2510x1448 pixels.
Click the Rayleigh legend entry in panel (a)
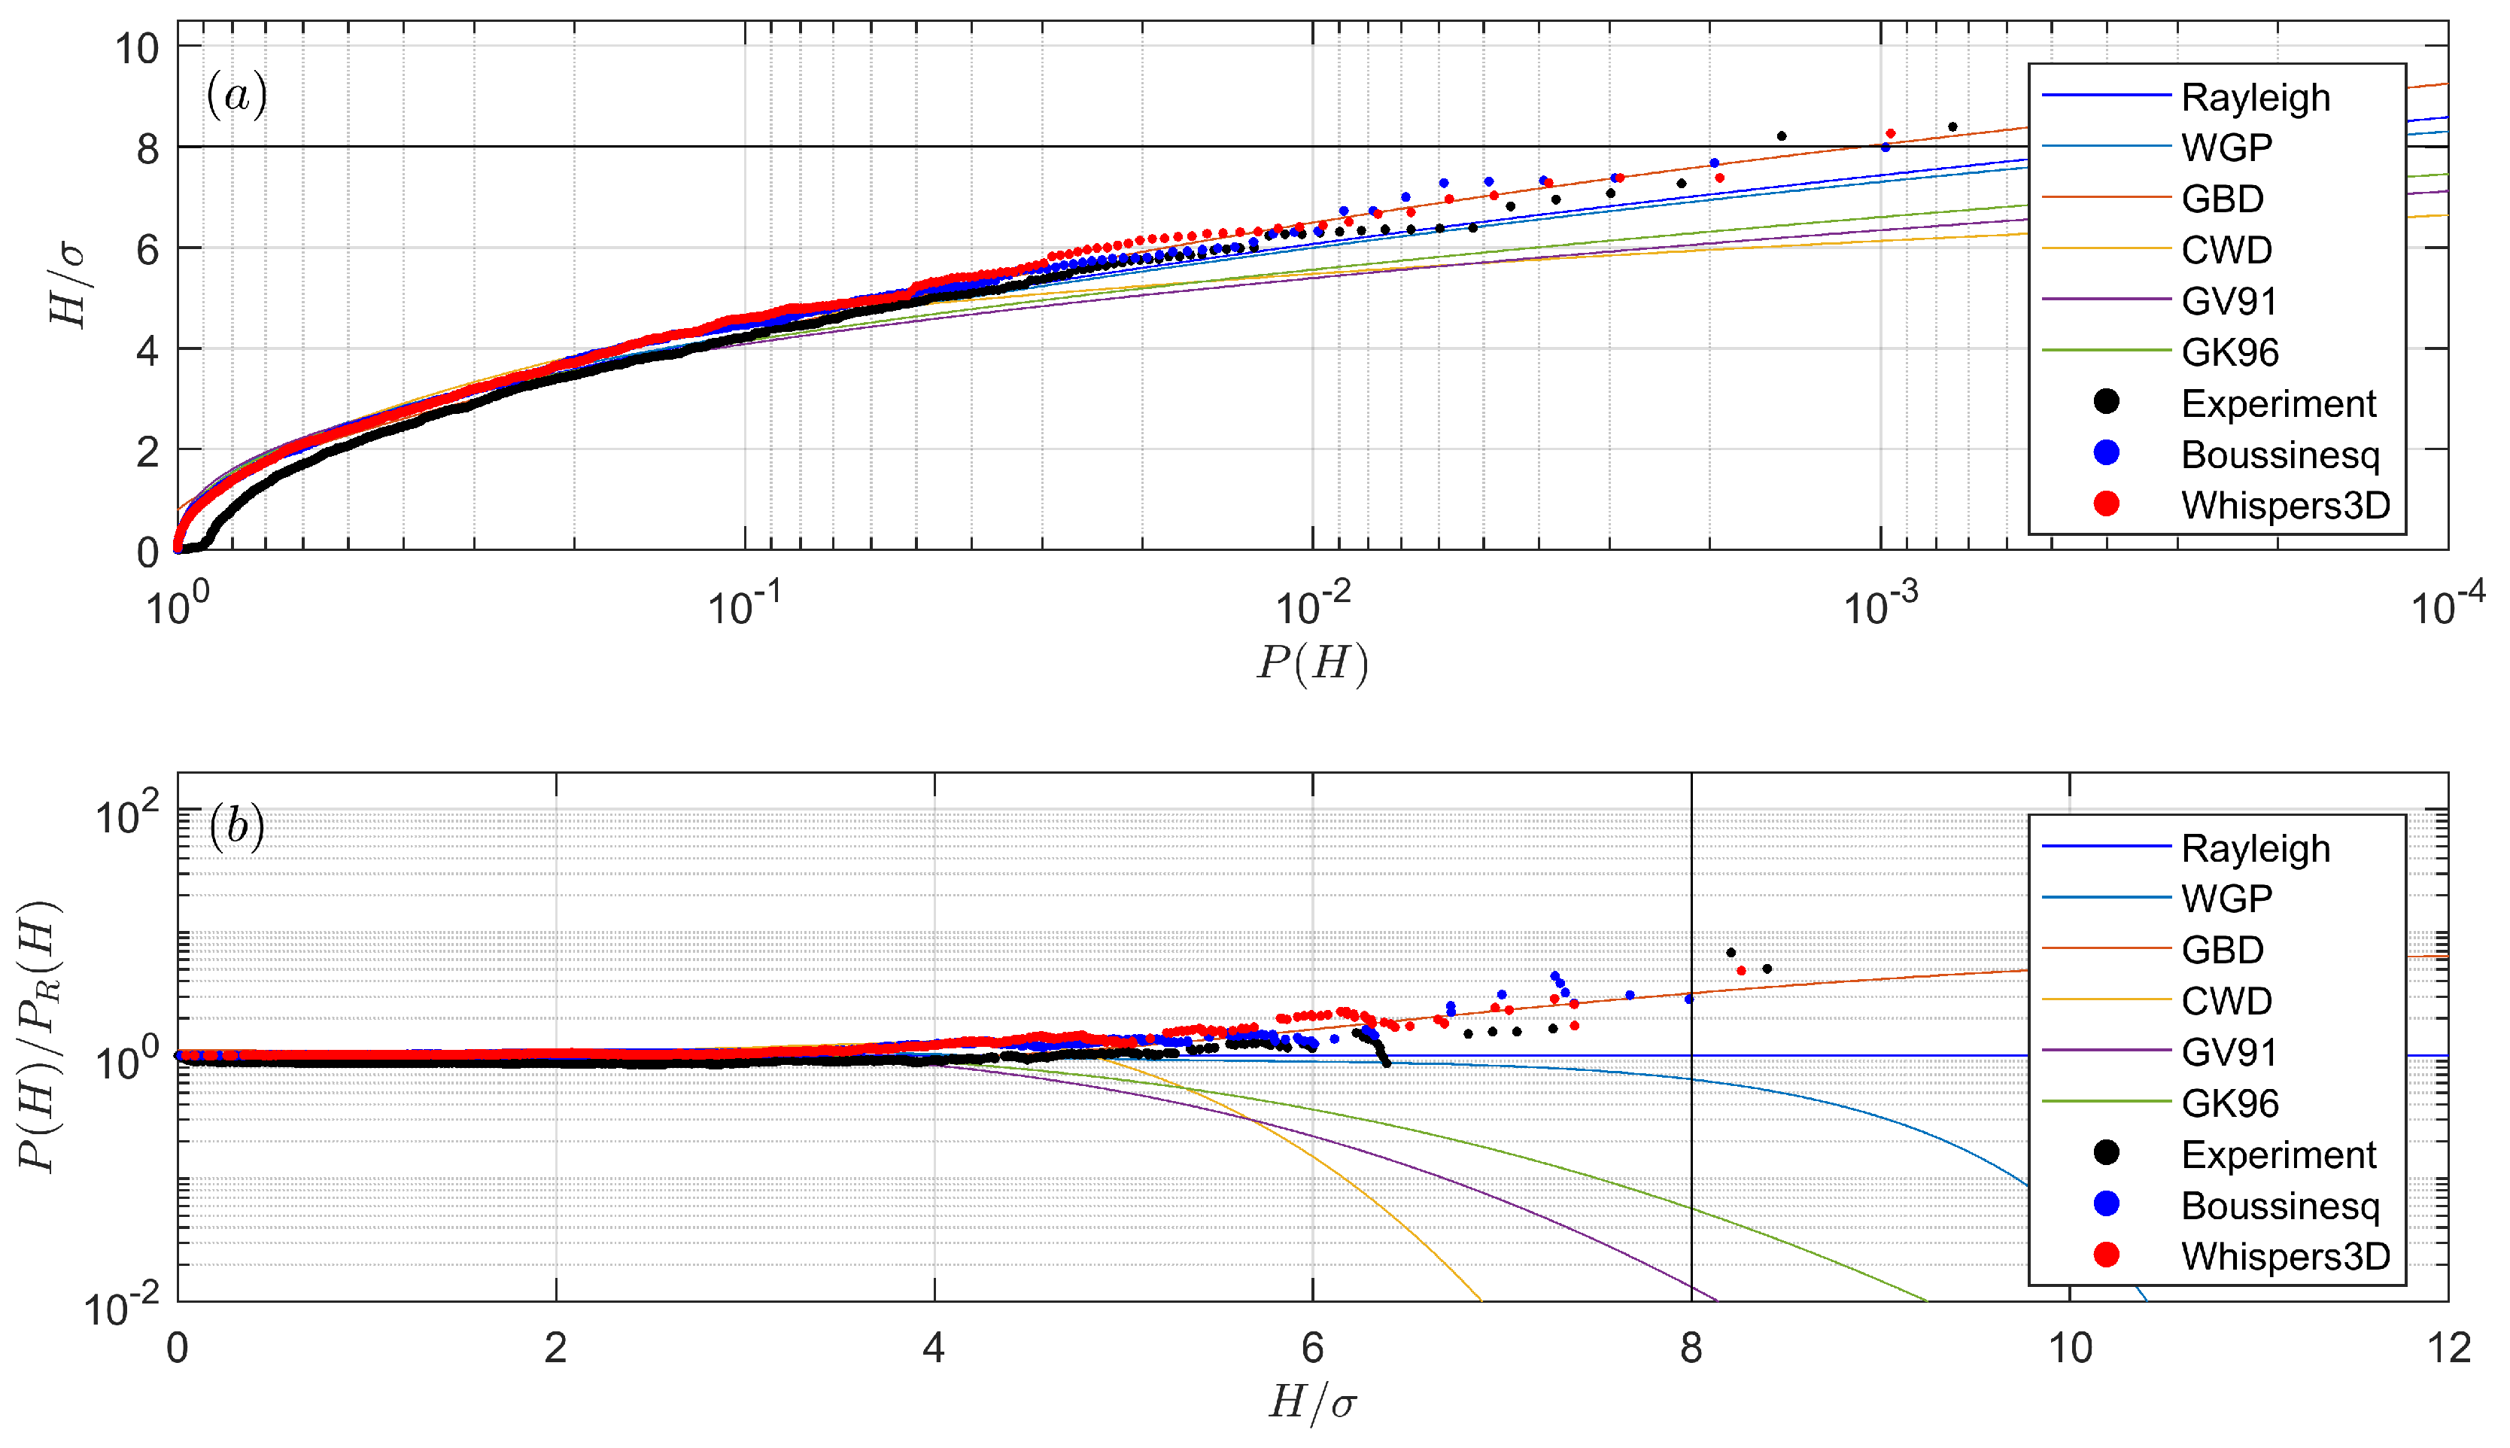point(2253,98)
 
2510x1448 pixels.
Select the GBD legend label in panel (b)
point(2222,950)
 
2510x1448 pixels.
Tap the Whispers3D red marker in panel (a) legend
point(2105,504)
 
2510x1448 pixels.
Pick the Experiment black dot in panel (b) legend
point(2105,1153)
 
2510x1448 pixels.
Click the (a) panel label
point(236,96)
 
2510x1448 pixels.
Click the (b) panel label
point(236,826)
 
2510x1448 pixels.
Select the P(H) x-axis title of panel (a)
point(1312,662)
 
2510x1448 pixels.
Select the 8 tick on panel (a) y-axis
point(147,148)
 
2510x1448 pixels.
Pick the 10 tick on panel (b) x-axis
point(2070,1349)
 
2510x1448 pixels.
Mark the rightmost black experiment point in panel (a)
point(1952,127)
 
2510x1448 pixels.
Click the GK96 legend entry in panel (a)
point(2229,352)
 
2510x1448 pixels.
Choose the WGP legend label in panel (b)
point(2226,899)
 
